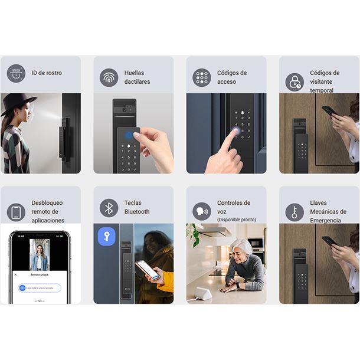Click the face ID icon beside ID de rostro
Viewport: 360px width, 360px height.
[16, 74]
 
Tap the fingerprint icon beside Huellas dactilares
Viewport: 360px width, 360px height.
[109, 77]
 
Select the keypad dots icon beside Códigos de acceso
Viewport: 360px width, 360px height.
[201, 77]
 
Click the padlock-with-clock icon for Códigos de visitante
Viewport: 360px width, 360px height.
[294, 81]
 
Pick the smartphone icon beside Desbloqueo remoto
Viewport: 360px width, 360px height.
[16, 212]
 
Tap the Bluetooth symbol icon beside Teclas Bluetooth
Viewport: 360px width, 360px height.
[109, 207]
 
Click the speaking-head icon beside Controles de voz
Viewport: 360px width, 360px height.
[201, 211]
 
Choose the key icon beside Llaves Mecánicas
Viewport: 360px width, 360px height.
[294, 212]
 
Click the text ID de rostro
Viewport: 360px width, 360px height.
[46, 73]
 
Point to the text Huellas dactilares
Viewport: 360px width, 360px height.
[137, 77]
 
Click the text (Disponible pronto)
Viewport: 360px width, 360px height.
[237, 220]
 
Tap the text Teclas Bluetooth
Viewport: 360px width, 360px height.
[137, 207]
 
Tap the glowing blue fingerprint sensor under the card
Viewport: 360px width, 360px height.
[128, 134]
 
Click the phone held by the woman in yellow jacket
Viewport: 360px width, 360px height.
[147, 270]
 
